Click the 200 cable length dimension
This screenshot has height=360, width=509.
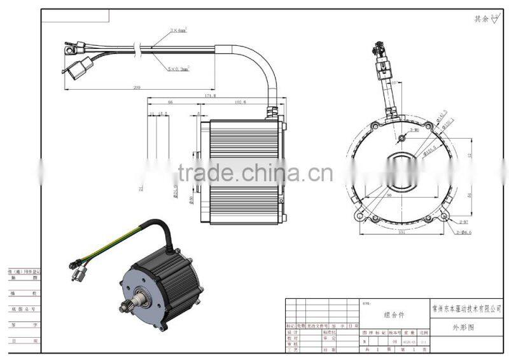137,87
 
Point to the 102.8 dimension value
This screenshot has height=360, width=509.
240,102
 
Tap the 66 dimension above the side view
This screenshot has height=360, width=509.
170,102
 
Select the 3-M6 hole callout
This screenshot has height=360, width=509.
414,130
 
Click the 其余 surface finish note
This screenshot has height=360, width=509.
482,19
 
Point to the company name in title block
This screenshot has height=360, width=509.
463,307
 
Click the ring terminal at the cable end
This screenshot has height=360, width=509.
69,46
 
